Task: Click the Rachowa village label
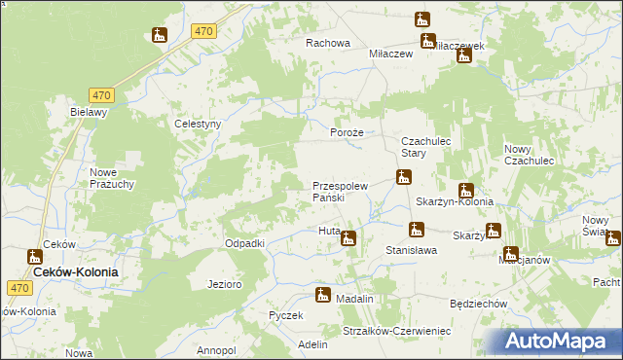point(327,43)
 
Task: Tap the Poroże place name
point(347,132)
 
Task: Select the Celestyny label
point(198,125)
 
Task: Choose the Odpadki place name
point(245,243)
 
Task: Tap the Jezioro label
point(224,284)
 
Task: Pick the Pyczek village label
point(287,316)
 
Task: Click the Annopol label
point(216,349)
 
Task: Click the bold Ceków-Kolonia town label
point(76,273)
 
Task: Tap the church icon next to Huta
point(348,238)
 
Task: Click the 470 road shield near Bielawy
point(101,94)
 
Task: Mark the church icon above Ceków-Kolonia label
point(35,258)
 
